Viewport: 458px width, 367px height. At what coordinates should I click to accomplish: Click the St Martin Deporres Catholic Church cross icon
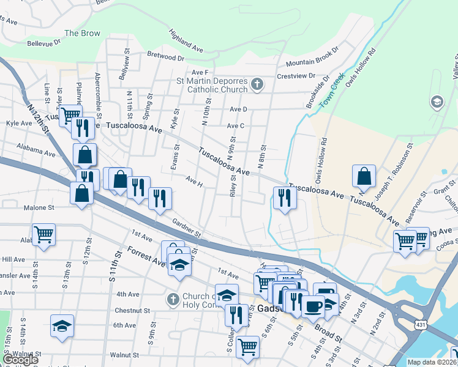point(257,84)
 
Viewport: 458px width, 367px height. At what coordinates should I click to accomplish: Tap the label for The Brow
point(82,33)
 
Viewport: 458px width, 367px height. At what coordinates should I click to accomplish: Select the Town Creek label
point(333,93)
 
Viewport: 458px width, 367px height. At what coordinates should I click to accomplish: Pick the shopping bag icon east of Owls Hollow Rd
point(364,176)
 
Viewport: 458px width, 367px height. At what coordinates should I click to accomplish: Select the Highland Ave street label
point(186,39)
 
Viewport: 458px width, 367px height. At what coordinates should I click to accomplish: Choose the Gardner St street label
point(187,229)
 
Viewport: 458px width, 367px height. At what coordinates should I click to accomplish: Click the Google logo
point(20,360)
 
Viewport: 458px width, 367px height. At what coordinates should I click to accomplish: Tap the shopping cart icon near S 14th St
point(43,234)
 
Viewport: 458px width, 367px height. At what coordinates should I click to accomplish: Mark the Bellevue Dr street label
point(44,43)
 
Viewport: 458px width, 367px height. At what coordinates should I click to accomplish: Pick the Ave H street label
point(193,181)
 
